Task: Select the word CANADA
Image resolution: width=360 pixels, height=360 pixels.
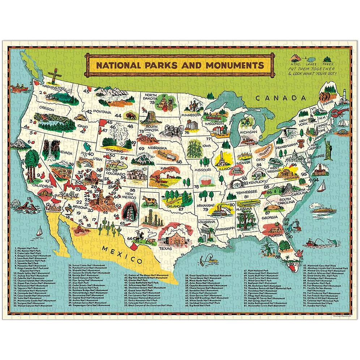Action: pyautogui.click(x=280, y=98)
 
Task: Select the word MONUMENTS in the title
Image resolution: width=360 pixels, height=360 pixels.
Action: pyautogui.click(x=233, y=65)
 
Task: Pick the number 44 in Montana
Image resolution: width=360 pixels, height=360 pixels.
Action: pyautogui.click(x=118, y=115)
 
